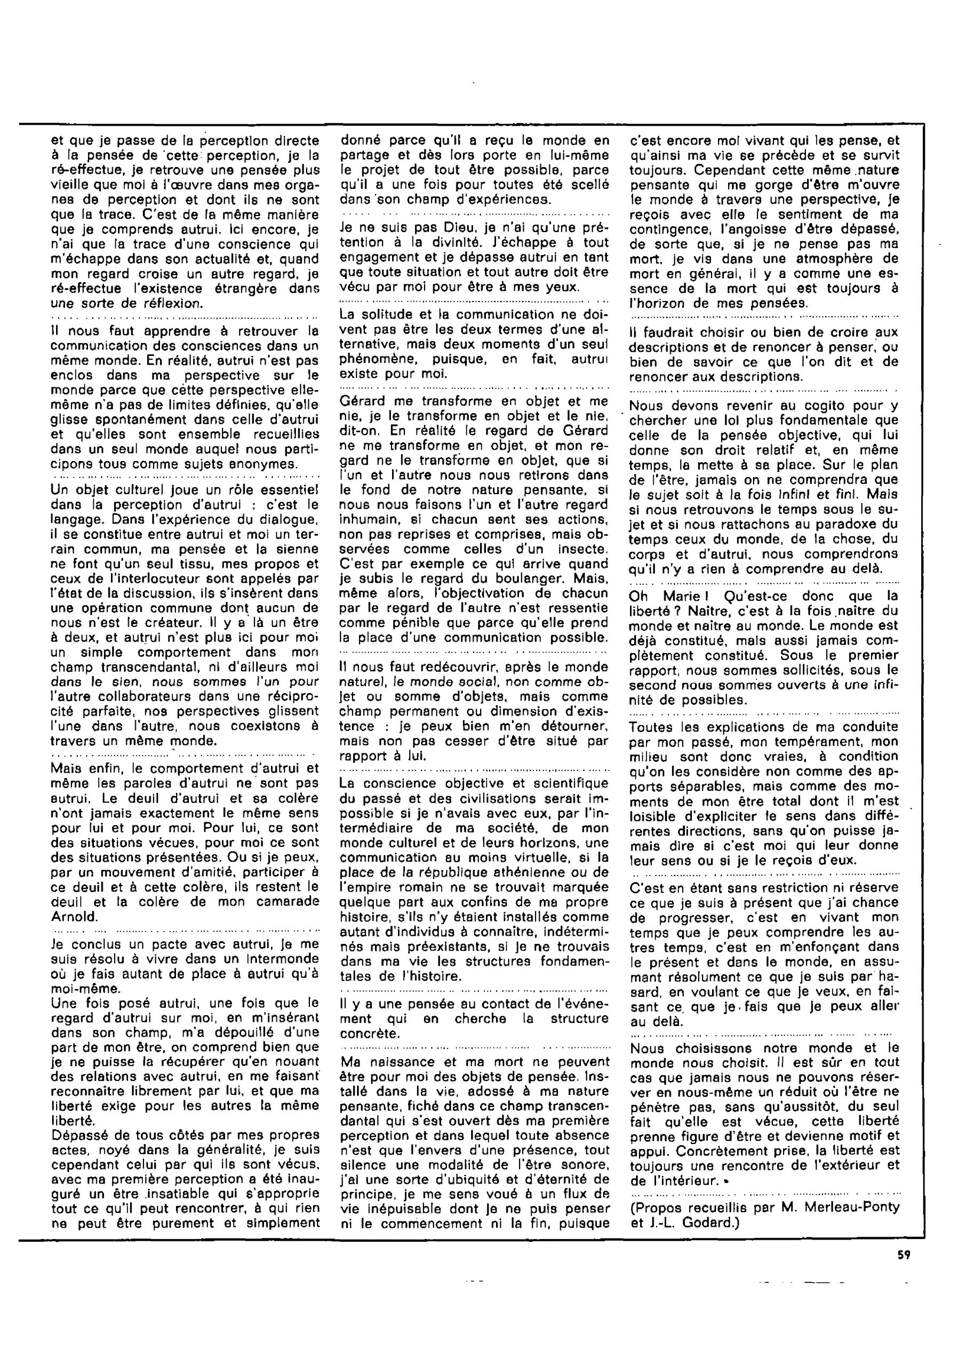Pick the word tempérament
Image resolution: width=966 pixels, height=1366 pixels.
click(x=802, y=742)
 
